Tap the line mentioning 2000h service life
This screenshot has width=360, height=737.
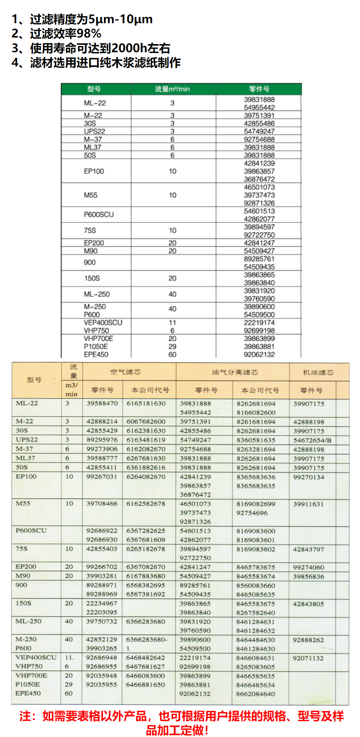(91, 48)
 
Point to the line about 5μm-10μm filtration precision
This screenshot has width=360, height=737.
(82, 19)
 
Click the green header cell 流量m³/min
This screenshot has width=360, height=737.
(172, 89)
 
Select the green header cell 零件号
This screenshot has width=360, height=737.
(259, 89)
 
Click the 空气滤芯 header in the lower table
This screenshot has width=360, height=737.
(125, 372)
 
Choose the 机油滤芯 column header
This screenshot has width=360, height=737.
(318, 372)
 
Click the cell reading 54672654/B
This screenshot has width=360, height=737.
(312, 440)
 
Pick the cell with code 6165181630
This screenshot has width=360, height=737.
(146, 404)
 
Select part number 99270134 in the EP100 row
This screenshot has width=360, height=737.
(309, 477)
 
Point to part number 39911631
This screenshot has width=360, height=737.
(309, 504)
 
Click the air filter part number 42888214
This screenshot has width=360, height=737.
(102, 422)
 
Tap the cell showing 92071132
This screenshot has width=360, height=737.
(308, 658)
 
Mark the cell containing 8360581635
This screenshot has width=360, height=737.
(256, 440)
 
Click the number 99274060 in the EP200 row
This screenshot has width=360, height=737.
(309, 568)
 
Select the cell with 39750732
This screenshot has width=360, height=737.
(102, 622)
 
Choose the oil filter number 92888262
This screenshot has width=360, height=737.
(308, 640)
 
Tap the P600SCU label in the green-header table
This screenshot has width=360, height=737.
(99, 215)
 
